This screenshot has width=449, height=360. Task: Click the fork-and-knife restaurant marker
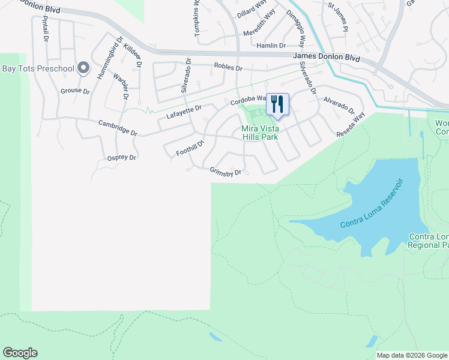277,104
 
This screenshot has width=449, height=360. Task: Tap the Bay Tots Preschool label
37,68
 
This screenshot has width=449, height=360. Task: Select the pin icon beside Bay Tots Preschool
83,68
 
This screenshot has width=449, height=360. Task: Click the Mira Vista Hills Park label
261,133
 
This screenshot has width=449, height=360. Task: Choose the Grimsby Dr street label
225,172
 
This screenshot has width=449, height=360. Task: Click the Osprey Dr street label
122,157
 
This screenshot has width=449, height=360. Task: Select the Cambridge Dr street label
118,127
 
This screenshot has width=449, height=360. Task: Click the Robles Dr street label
228,68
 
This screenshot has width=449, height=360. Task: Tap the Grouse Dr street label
74,92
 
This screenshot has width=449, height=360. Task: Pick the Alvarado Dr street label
339,106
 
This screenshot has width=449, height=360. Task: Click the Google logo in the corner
20,353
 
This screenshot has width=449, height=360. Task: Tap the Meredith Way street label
258,31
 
